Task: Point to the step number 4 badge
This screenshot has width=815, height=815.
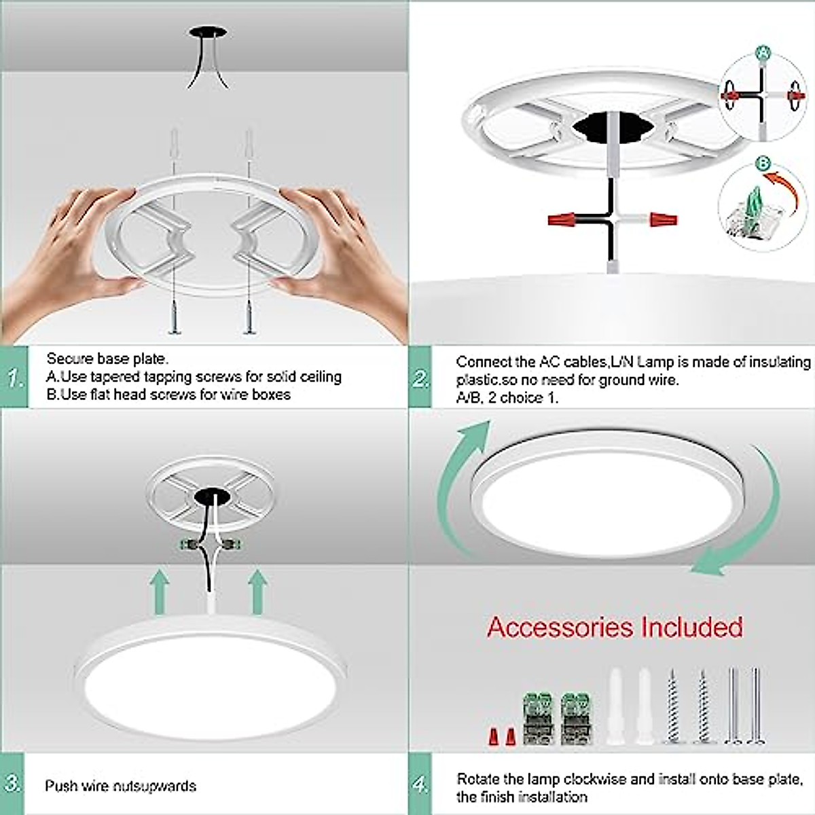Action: (421, 785)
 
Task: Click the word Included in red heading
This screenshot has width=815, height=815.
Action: (685, 626)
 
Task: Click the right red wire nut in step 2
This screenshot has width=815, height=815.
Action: (662, 219)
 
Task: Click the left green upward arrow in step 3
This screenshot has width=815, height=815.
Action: (159, 591)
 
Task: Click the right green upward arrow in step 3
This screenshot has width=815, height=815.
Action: (257, 591)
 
